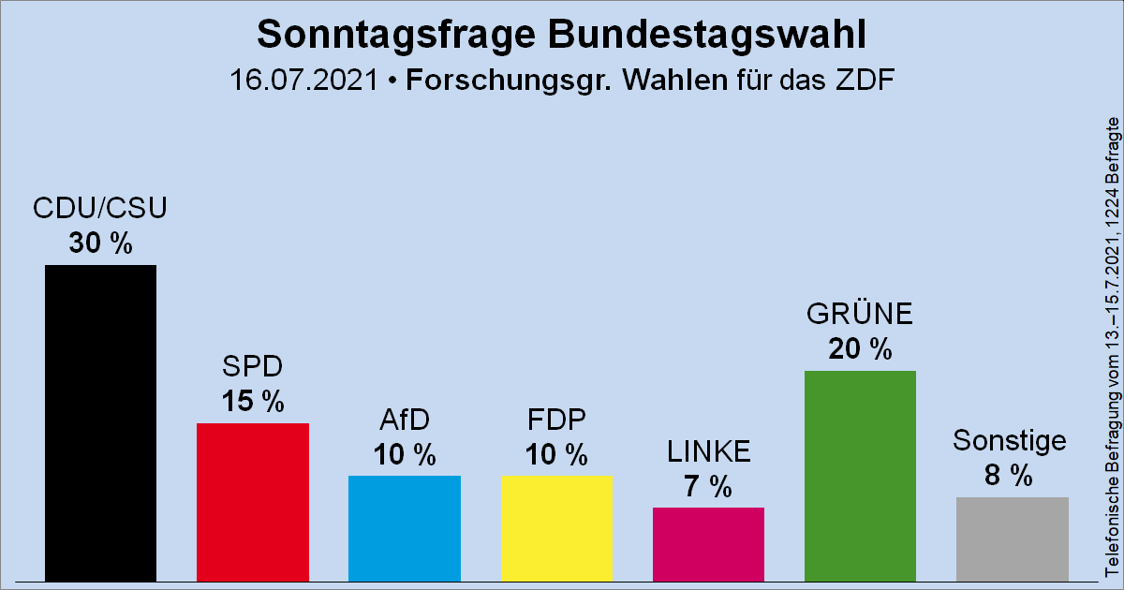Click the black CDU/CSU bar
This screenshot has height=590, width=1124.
tap(100, 422)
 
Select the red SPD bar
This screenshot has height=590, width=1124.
tap(252, 501)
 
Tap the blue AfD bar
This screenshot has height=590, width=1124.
tap(404, 527)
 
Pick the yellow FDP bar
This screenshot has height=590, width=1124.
tap(556, 527)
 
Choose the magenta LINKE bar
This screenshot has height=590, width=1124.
tap(708, 543)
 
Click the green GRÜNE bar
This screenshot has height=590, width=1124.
tap(860, 475)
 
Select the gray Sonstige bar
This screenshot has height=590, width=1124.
tap(1012, 538)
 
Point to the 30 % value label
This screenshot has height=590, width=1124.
tap(100, 243)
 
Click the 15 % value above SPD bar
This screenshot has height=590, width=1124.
tap(252, 402)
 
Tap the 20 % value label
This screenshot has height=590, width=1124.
tap(860, 349)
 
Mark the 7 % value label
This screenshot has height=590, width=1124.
tap(708, 486)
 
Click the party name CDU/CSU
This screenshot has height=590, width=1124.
tap(100, 209)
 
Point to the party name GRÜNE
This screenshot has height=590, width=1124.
tap(860, 315)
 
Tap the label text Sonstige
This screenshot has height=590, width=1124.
tap(1009, 440)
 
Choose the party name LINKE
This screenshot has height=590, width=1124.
tap(709, 451)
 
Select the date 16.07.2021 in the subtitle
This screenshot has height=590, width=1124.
tap(304, 79)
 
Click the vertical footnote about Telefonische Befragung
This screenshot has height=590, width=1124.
tap(1112, 347)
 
